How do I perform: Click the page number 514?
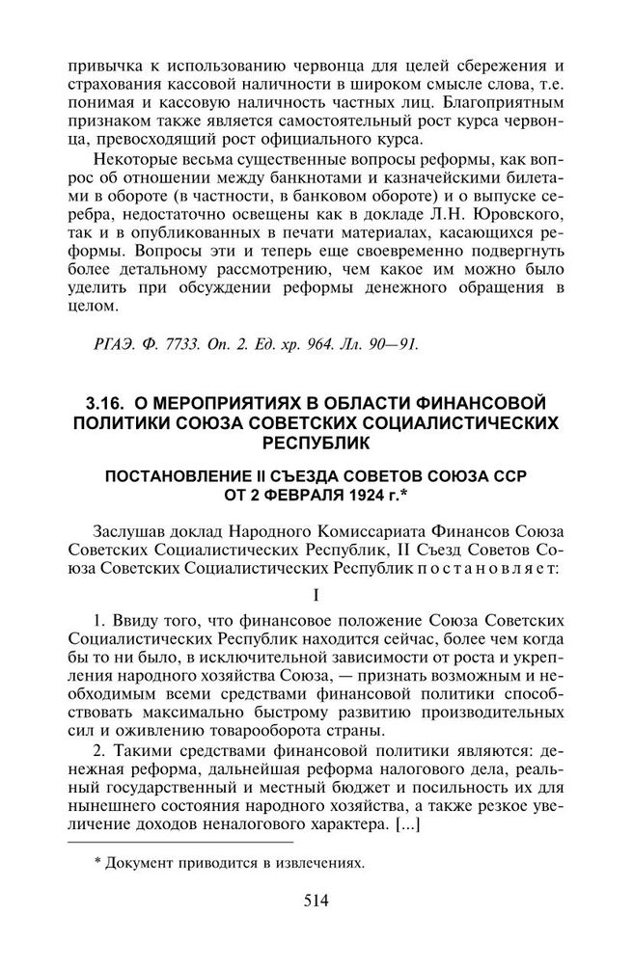[x=316, y=902]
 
